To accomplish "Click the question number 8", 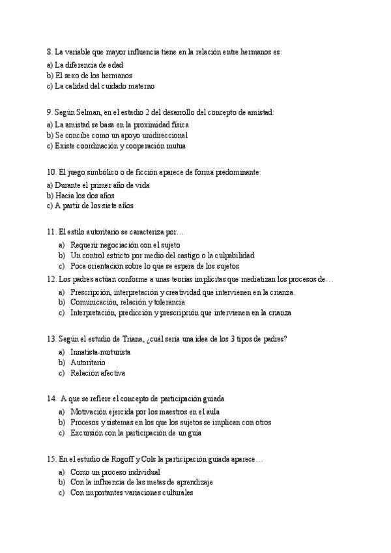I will click(x=50, y=52).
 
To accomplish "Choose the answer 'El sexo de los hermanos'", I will click(x=93, y=75).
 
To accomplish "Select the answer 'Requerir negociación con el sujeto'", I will click(x=125, y=245).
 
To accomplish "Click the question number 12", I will click(x=51, y=279).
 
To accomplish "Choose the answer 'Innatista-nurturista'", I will click(x=100, y=352).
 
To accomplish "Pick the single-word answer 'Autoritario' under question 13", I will click(x=87, y=363).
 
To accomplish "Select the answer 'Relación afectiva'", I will click(x=97, y=373).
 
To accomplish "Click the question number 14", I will click(x=51, y=398).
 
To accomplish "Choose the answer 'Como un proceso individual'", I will click(x=115, y=472).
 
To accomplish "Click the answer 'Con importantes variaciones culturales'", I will click(x=132, y=493).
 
